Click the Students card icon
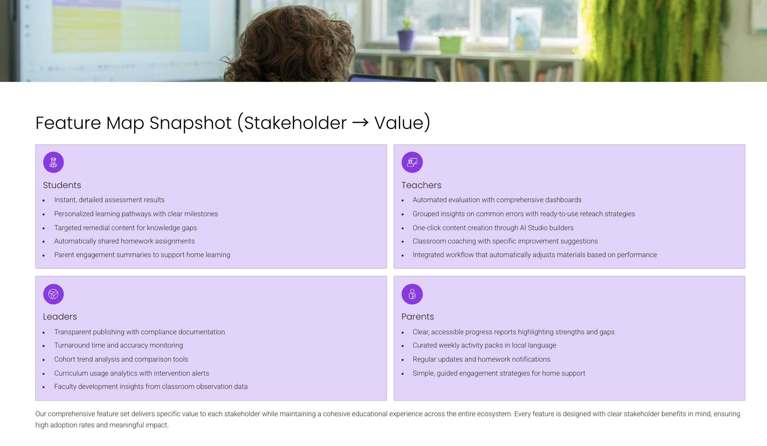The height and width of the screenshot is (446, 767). pyautogui.click(x=53, y=162)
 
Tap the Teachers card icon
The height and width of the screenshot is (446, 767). pyautogui.click(x=412, y=162)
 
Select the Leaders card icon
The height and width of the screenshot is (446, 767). pyautogui.click(x=53, y=294)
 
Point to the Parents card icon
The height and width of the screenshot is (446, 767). pyautogui.click(x=412, y=294)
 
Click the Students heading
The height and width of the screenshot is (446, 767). pyautogui.click(x=62, y=185)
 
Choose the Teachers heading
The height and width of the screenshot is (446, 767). pyautogui.click(x=422, y=185)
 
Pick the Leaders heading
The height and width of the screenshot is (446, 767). pyautogui.click(x=60, y=317)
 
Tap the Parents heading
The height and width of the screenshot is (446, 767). pyautogui.click(x=418, y=317)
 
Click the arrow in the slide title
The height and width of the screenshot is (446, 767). pyautogui.click(x=360, y=123)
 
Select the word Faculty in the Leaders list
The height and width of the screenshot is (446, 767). pyautogui.click(x=65, y=387)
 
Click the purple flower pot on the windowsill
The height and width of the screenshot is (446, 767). pyautogui.click(x=406, y=40)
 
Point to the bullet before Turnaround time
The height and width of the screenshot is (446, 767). pyautogui.click(x=44, y=346)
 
